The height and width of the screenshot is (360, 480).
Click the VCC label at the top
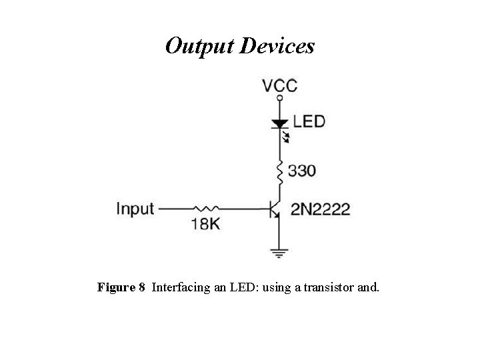(279, 86)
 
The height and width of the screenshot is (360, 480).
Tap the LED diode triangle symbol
(280, 123)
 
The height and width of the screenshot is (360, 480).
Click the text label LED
(309, 122)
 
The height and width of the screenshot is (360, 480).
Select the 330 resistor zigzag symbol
(280, 172)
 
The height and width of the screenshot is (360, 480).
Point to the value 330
(302, 171)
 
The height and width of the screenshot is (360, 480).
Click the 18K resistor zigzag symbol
(205, 209)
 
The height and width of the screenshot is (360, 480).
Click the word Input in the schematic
(135, 209)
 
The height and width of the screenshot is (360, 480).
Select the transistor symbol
(275, 209)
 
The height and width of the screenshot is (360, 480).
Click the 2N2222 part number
(320, 209)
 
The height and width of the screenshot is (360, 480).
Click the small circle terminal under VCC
(280, 99)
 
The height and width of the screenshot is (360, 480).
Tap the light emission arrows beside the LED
(287, 138)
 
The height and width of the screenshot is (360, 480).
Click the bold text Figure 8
(121, 287)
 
